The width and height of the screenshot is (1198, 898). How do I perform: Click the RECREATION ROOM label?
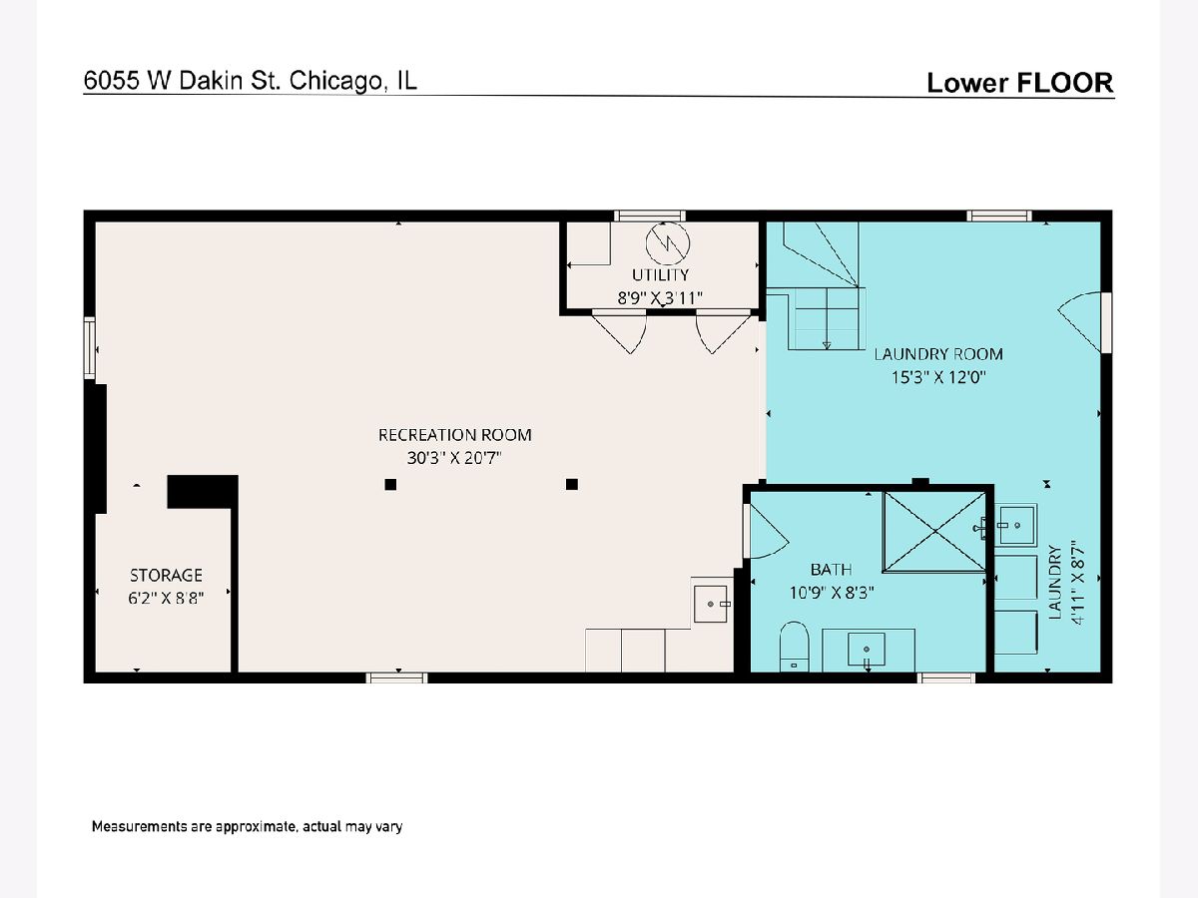click(454, 435)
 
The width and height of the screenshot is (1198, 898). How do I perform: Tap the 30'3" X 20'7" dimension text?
click(454, 458)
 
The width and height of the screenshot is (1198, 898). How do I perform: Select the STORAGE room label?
click(166, 576)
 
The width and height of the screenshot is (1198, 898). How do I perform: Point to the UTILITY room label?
click(660, 274)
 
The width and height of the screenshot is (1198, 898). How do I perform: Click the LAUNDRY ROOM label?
click(938, 354)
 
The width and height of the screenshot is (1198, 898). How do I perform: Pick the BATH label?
click(832, 570)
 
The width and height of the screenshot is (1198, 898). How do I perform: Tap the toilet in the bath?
click(794, 647)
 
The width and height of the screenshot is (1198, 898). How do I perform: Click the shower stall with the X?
click(934, 532)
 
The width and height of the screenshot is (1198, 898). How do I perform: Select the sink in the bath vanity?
click(867, 650)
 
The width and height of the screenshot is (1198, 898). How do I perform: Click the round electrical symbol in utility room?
click(667, 243)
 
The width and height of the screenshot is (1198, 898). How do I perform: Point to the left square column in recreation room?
click(390, 484)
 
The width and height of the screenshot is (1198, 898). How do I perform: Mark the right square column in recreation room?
click(571, 484)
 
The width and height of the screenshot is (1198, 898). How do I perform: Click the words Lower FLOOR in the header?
click(1020, 83)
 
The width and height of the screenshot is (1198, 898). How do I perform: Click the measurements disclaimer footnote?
click(247, 826)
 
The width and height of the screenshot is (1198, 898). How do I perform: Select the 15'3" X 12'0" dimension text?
click(938, 377)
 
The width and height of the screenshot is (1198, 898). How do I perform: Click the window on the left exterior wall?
click(90, 348)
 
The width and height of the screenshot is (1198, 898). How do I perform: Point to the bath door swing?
click(767, 532)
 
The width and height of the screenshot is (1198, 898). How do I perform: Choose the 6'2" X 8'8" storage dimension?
click(166, 599)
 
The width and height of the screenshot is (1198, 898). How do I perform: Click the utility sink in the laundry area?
click(1015, 525)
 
